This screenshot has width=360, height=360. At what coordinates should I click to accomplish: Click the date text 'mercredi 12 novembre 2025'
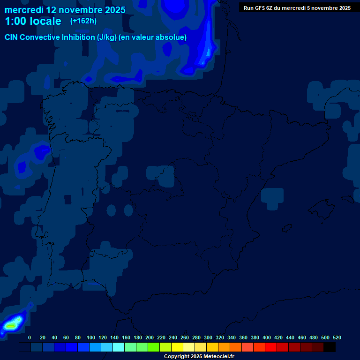point(65,10)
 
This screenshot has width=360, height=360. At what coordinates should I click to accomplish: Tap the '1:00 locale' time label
point(33,21)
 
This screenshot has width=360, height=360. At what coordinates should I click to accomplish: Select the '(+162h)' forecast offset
point(83,21)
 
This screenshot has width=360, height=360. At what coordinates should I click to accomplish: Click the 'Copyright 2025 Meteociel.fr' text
point(199,357)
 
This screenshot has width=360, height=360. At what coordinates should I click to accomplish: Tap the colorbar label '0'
point(30,337)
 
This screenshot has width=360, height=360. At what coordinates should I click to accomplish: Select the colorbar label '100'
point(90,337)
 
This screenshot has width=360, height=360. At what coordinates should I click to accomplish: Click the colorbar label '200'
point(150,337)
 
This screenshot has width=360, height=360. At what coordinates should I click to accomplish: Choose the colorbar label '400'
point(267,337)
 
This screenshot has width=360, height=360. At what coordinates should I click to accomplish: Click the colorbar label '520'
point(337,337)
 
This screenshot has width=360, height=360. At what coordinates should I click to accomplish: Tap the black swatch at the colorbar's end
point(330,347)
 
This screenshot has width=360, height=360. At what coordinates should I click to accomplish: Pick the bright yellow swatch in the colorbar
point(177,347)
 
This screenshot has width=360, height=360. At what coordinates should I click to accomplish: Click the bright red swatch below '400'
point(271,347)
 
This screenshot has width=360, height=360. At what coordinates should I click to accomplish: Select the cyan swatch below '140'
point(119,347)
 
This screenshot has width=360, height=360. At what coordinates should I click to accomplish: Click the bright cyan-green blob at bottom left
point(11,323)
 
